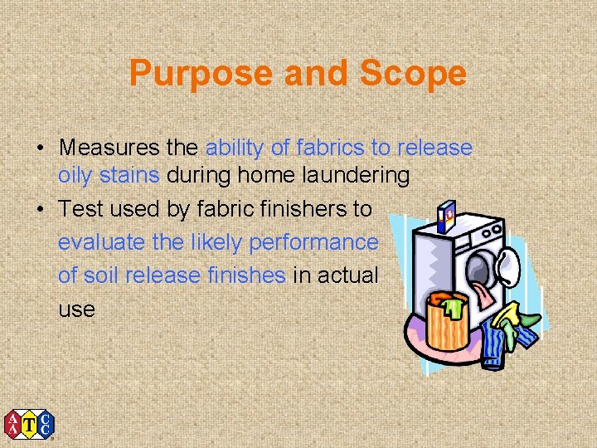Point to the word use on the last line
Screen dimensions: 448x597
pos(76,309)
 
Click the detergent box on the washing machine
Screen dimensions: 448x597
pos(446,214)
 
